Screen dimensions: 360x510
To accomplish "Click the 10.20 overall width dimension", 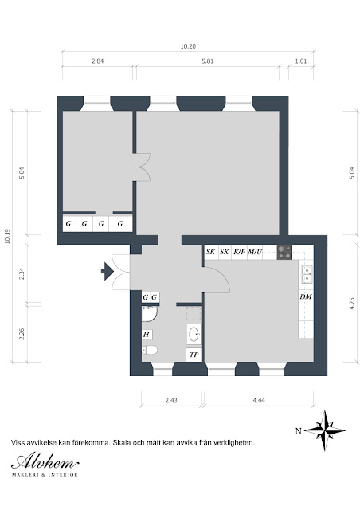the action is (188, 46).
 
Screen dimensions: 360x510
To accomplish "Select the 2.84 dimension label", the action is (97, 61).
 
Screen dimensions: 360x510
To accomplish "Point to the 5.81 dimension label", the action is (208, 61).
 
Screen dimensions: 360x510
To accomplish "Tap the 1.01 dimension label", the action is (301, 61).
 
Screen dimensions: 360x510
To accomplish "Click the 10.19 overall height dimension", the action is (7, 236).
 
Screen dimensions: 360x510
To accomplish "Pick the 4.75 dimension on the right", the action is (352, 304).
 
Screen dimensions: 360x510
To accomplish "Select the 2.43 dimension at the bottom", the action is (171, 400).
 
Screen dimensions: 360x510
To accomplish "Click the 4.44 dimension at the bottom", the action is (259, 400).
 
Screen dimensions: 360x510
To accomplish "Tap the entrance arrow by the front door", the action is (107, 271).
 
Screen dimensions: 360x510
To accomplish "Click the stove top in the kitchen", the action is (284, 253).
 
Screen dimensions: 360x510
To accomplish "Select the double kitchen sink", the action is (307, 274).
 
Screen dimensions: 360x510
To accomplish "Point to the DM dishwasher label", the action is (306, 296).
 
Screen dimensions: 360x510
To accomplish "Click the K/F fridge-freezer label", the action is (240, 252).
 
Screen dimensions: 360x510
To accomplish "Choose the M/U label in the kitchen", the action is (255, 252).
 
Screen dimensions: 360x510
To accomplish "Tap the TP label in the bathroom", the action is (194, 355).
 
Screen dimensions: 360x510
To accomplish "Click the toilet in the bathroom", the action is (150, 351).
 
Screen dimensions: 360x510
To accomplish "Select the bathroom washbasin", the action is (194, 334).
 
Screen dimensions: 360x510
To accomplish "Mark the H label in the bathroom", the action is (147, 335).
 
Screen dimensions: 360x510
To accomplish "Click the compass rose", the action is (324, 430).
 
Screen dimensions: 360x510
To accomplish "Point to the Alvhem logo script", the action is (45, 461).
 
